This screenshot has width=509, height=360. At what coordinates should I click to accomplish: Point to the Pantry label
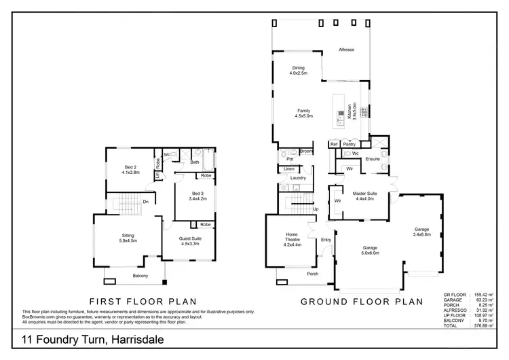point(350,144)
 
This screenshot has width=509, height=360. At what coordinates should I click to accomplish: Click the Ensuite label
point(373,159)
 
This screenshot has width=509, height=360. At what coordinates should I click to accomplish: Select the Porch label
point(313,274)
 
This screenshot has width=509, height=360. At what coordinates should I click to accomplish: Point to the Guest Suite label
point(189,239)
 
